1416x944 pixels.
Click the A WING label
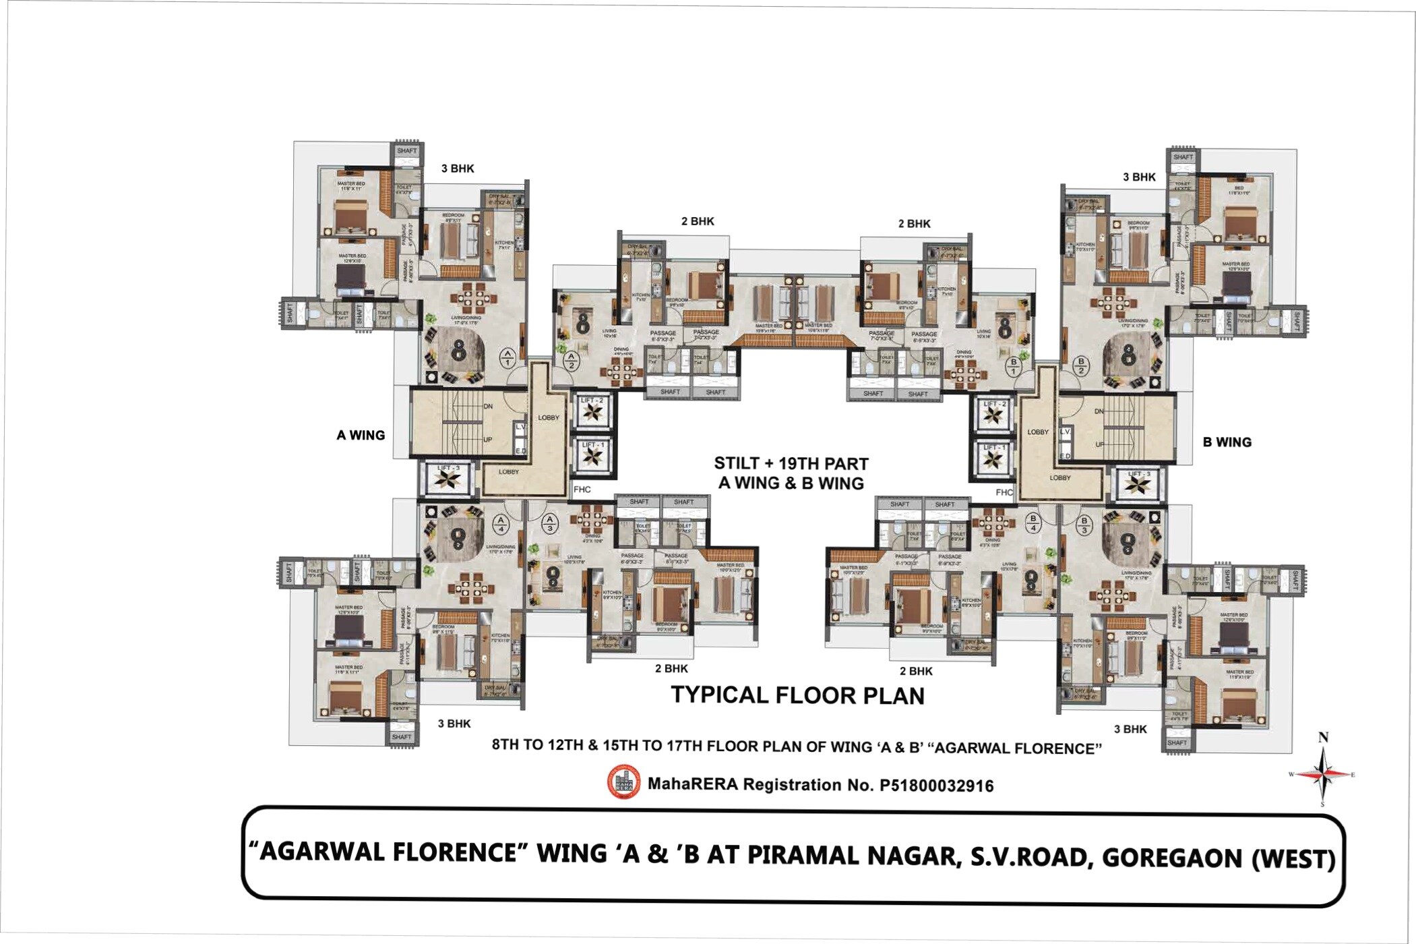click(361, 436)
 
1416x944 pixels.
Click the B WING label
click(1227, 442)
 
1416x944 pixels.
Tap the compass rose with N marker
click(1323, 774)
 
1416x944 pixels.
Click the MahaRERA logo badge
click(624, 783)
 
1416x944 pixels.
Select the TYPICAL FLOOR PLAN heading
click(797, 696)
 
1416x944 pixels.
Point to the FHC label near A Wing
click(582, 490)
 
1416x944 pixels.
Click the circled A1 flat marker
click(507, 357)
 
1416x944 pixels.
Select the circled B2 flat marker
click(1081, 365)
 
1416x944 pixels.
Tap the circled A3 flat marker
click(549, 523)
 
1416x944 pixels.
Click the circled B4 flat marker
click(1033, 523)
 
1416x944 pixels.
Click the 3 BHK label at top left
click(458, 169)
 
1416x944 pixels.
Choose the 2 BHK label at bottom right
click(916, 671)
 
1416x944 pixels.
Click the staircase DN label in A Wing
click(488, 407)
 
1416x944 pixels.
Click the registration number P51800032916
click(936, 786)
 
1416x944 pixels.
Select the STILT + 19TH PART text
click(791, 464)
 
